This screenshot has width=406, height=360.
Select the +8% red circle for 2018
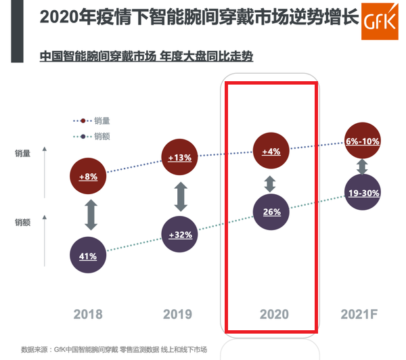tap(89, 177)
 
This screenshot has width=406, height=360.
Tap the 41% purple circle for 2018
tap(89, 256)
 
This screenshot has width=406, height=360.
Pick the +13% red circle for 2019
tap(181, 158)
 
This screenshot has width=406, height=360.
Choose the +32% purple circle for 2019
tap(181, 235)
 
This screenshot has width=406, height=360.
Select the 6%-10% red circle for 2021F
tap(362, 141)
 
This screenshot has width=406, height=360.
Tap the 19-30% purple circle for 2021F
tap(362, 193)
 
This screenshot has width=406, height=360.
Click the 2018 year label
tap(89, 315)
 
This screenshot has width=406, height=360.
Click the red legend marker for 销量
tap(83, 120)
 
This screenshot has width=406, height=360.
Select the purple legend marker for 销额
tap(83, 136)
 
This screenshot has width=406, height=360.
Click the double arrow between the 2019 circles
tap(181, 196)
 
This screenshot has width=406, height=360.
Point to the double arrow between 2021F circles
tap(362, 167)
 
